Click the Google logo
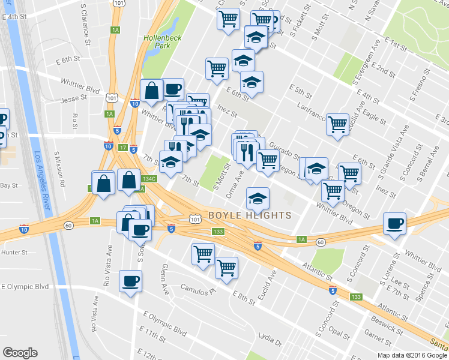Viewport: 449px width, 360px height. click(20, 353)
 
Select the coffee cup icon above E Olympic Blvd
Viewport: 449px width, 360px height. click(130, 281)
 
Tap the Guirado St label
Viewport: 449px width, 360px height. click(285, 151)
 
